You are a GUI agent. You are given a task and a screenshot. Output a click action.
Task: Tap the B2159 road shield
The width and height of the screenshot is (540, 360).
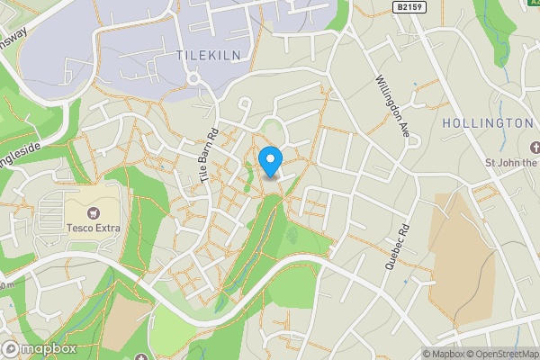409,5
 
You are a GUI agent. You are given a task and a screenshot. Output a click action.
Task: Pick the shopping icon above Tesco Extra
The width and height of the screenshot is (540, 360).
94,212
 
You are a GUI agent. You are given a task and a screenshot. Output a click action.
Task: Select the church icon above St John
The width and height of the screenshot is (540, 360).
535,147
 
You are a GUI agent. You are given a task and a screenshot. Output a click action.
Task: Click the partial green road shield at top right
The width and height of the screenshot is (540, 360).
532,4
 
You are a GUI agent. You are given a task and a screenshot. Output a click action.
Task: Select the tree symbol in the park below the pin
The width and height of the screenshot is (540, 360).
291,237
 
